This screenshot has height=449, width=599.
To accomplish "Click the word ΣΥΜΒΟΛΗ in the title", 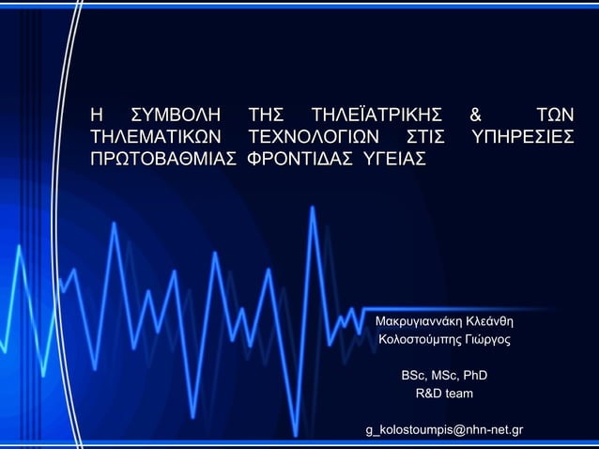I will point(176,116).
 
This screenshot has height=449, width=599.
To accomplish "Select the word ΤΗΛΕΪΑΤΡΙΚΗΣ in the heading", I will point(376,116).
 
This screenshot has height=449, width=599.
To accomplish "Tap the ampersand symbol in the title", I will point(476,116).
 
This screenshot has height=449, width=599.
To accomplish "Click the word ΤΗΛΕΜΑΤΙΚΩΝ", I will point(155,138).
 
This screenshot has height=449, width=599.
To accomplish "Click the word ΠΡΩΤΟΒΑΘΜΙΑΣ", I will point(161,161).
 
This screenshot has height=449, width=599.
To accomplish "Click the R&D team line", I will point(444,394).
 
